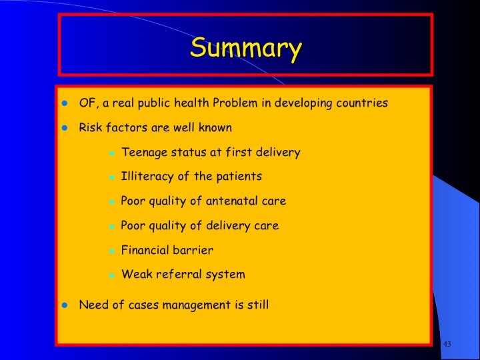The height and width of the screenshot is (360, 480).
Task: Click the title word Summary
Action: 246,49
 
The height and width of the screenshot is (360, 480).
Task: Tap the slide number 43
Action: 447,344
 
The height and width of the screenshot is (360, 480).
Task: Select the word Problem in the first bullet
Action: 235,103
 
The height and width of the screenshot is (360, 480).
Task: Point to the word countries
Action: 362,103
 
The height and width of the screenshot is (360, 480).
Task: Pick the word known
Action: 215,127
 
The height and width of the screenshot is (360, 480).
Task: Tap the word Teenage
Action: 145,153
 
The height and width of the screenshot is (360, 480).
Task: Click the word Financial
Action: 145,250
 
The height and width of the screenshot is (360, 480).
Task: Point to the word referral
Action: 179,274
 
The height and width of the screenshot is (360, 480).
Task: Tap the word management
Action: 197,305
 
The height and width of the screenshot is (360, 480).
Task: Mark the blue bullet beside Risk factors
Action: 64,128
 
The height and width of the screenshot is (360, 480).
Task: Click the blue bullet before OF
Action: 64,103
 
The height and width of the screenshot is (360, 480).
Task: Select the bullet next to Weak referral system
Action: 112,275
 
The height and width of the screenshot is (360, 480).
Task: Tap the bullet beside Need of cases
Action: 64,305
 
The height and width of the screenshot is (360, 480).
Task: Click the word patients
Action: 239,177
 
